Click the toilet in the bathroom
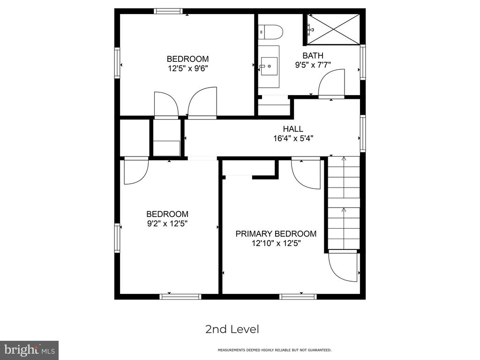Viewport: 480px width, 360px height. point(270,32)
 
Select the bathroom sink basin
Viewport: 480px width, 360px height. point(269,66)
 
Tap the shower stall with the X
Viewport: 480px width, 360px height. point(334,29)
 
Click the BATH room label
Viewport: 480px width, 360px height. point(313,55)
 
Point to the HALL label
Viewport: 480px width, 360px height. point(293,129)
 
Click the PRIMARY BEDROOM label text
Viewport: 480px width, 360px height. point(276,234)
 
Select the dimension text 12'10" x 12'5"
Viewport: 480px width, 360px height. point(276,244)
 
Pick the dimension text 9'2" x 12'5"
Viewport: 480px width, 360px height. point(167,224)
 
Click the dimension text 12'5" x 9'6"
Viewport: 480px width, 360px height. point(188,68)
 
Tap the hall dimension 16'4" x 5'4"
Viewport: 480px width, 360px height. point(293,139)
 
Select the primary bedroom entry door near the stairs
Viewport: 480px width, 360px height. point(306,173)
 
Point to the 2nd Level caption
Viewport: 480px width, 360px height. point(232,330)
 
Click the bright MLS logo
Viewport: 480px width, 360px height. point(30,350)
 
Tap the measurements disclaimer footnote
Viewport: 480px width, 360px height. point(274,350)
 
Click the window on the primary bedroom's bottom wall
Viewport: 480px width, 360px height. point(298,297)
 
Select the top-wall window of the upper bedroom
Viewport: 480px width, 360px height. point(168,11)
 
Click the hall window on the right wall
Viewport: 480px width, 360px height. point(363,134)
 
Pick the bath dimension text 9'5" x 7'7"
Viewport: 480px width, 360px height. point(313,65)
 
